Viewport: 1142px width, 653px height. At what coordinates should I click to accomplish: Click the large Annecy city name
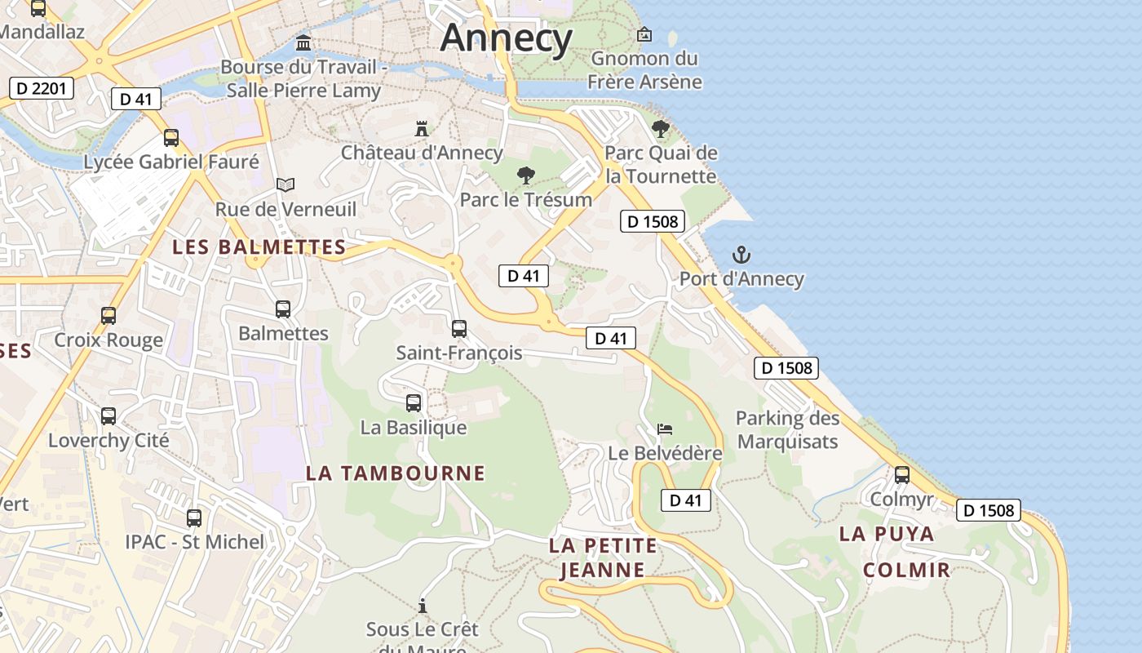tap(507, 38)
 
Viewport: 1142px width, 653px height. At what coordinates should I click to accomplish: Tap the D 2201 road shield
tap(42, 88)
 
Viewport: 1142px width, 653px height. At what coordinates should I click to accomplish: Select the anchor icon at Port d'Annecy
tap(741, 255)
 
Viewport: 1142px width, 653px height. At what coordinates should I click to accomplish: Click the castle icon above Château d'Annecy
tap(422, 129)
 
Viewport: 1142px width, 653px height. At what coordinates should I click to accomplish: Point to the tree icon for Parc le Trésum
tap(526, 175)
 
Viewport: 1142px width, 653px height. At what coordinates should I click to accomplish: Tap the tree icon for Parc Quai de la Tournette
tap(661, 129)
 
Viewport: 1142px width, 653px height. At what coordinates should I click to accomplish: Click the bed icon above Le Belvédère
tap(666, 429)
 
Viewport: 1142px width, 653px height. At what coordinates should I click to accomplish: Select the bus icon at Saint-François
tap(459, 329)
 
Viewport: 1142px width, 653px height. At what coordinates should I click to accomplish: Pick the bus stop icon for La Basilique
tap(414, 403)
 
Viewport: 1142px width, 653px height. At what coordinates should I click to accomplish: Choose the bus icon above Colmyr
tap(902, 475)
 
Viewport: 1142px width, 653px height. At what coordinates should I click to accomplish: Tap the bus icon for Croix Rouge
tap(108, 316)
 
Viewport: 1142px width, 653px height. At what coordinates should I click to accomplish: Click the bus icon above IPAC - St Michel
tap(194, 518)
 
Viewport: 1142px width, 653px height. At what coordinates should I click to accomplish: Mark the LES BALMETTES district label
tap(259, 247)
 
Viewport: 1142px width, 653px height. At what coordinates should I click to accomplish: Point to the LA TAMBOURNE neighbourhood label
tap(396, 473)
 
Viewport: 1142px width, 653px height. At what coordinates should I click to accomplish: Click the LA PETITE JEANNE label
tap(603, 557)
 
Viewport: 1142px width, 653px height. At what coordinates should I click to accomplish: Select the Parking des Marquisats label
tap(787, 429)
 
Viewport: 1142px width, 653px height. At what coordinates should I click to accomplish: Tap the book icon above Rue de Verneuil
tap(285, 185)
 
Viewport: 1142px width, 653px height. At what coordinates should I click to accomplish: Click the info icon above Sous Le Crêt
tap(423, 606)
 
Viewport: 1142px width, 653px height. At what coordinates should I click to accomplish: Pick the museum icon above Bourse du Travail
tap(304, 42)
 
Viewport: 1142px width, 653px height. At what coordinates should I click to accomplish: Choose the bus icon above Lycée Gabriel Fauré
tap(171, 138)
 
